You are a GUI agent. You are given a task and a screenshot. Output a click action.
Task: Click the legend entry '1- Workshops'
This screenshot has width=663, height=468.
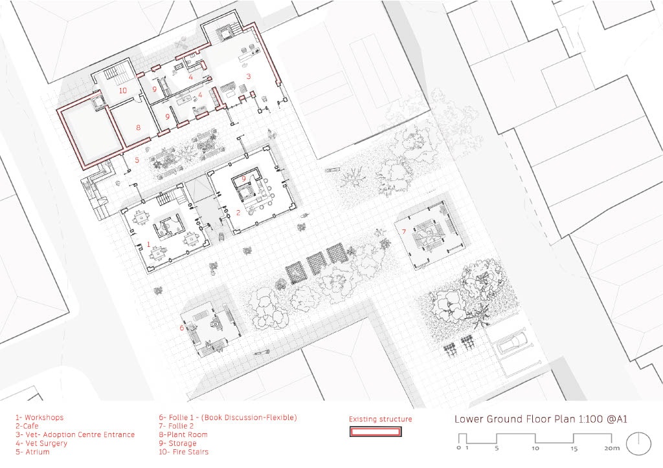pos(39,418)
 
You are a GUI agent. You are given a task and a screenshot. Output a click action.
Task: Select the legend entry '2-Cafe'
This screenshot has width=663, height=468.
pos(27,426)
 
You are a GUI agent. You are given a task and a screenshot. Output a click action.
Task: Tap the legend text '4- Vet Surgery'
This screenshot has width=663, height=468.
pos(41,443)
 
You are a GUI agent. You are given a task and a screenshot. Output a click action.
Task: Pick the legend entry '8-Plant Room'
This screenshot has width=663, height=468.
pos(183,434)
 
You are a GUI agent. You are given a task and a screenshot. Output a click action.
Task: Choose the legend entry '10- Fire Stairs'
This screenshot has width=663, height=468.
pos(183,452)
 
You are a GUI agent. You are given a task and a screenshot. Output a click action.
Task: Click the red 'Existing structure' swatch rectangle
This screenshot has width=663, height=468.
pos(376,432)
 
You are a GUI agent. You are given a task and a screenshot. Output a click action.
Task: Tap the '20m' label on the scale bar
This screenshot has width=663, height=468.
pos(612,448)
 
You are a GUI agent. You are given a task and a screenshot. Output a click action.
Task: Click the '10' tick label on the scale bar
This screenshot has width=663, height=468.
pos(535,448)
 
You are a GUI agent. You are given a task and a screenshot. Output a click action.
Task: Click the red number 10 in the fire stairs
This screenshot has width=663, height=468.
pos(122,90)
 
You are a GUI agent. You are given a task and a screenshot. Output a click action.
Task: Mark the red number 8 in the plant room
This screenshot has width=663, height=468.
pos(139,127)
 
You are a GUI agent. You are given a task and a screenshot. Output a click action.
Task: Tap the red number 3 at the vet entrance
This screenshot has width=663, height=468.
pos(249,76)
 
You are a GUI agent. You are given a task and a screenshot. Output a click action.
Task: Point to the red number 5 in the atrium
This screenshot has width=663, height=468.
pos(137,160)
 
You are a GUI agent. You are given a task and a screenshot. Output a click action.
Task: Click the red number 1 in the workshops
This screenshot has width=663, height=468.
pos(148,244)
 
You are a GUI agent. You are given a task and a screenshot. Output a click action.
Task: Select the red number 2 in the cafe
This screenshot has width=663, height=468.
pos(238,213)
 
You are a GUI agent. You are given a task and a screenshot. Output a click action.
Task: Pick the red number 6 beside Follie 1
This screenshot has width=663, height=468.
pos(182,328)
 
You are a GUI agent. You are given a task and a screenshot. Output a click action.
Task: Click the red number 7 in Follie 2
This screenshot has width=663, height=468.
pos(404,231)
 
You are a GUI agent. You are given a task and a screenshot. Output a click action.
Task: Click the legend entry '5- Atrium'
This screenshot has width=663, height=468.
pos(32,452)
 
